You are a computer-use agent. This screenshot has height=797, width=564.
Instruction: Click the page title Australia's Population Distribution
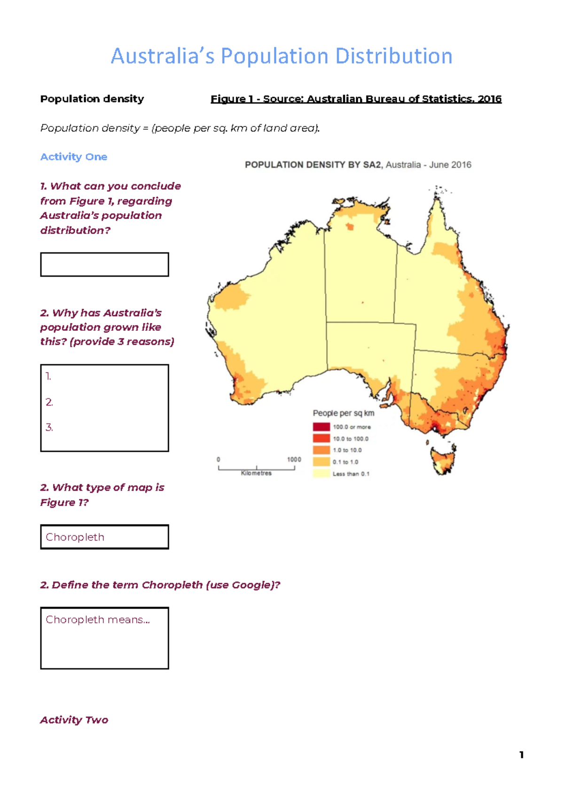point(282,56)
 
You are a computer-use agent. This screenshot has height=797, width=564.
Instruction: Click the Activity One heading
point(74,157)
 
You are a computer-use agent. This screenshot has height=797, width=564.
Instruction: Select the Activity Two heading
point(74,720)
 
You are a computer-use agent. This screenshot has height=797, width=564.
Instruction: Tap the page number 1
point(521,755)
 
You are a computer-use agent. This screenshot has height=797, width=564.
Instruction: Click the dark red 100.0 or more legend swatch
point(321,427)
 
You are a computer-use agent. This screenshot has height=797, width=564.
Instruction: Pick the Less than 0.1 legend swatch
point(321,473)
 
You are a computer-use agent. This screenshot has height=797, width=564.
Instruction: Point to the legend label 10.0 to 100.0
point(351,438)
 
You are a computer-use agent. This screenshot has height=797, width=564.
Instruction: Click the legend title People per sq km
point(344,413)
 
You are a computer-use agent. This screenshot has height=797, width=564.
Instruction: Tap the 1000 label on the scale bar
point(294,460)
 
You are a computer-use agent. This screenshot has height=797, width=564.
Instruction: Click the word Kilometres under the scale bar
point(256,473)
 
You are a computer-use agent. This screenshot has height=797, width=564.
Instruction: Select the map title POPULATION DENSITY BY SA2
point(314,165)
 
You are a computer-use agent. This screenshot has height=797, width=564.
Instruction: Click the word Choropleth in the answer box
point(75,537)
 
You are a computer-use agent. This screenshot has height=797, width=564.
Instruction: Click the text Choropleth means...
point(98,620)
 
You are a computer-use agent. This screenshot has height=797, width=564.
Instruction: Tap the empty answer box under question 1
point(104,265)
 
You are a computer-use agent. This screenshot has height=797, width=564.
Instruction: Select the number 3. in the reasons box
point(49,428)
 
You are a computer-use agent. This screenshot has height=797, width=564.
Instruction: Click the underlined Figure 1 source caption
point(356,99)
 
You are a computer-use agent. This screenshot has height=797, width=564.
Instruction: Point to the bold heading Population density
point(92,99)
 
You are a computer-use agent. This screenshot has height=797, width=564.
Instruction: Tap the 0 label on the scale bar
point(218,460)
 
